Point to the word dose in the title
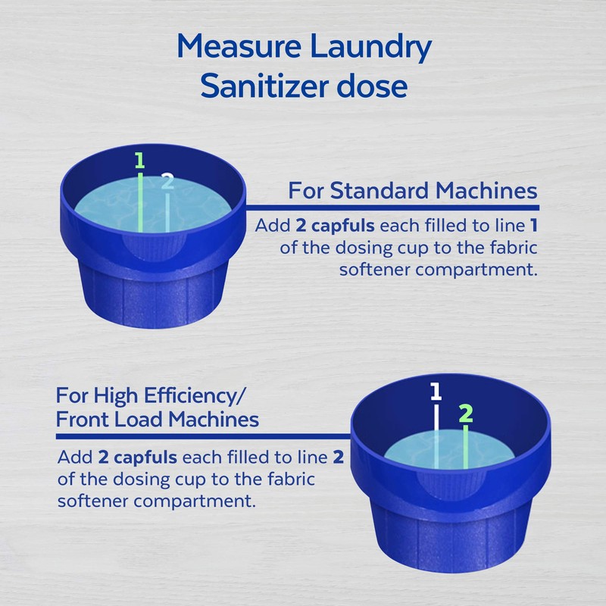(372, 86)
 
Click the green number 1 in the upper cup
(139, 160)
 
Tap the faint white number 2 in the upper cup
(167, 182)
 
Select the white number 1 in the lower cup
(436, 392)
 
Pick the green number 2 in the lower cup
(466, 414)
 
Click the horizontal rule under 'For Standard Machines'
(394, 207)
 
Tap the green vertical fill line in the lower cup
(466, 447)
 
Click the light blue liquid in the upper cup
(197, 205)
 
